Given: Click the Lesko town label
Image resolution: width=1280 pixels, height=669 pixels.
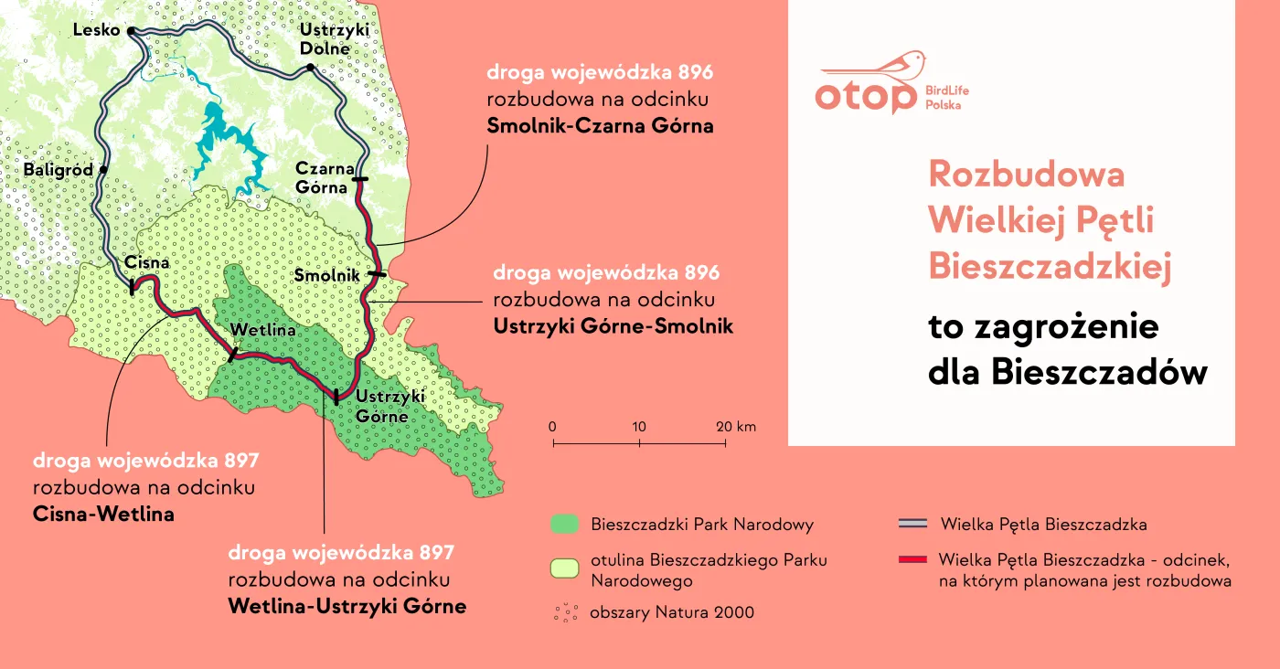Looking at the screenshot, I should (x=96, y=31).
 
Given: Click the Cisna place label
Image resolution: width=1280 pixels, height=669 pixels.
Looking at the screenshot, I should (x=147, y=263).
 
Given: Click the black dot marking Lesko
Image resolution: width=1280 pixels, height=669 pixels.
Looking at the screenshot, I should (x=132, y=31).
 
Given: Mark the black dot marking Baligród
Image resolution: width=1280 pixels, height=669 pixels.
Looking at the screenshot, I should (x=104, y=170).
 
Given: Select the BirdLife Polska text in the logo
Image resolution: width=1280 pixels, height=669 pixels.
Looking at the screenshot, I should (x=946, y=98).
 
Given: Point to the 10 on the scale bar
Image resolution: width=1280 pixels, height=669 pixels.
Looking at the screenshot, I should (x=638, y=427).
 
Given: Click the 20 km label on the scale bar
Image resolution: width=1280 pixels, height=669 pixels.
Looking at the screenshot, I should (x=736, y=427).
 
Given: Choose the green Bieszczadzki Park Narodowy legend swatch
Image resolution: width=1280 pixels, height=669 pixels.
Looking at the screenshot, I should (x=565, y=525).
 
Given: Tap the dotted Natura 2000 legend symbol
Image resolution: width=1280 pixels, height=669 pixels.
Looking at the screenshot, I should (x=565, y=612).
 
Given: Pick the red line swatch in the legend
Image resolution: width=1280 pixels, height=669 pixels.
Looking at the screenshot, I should (x=913, y=559).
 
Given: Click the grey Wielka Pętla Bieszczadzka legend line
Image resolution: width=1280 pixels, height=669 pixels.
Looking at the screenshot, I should (x=913, y=525).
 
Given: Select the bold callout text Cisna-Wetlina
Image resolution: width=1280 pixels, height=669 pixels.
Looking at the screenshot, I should (x=103, y=514).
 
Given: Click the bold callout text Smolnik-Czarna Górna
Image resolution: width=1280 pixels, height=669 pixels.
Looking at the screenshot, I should (x=600, y=125).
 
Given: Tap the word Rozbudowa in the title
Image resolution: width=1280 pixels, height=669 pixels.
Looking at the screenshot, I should (x=1026, y=174).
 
